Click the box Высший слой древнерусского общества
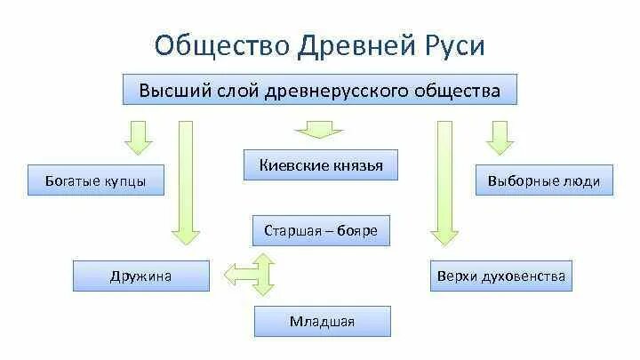click(x=319, y=91)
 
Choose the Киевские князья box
click(x=321, y=164)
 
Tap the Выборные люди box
click(x=544, y=181)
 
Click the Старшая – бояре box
click(x=321, y=231)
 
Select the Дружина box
click(x=141, y=276)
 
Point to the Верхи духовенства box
click(x=501, y=276)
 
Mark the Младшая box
click(x=322, y=321)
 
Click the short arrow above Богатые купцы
click(x=139, y=136)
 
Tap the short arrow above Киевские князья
click(x=312, y=132)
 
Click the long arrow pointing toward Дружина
click(x=186, y=182)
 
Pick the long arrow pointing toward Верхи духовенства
click(x=444, y=182)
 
